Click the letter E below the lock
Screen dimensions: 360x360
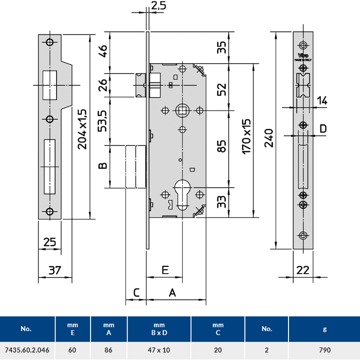(166, 269)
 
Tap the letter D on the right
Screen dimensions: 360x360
(322, 128)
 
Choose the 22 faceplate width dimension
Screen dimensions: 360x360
(303, 270)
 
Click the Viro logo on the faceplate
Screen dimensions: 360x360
(303, 56)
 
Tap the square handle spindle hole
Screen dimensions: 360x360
(182, 110)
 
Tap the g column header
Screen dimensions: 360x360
(324, 329)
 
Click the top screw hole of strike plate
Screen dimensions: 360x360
(50, 42)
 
